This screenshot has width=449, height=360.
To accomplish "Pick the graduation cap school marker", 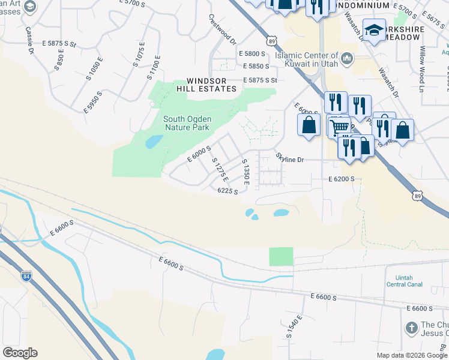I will [x=375, y=31].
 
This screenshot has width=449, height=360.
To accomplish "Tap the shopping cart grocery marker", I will [x=339, y=127].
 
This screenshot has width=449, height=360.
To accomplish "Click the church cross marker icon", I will [x=411, y=328].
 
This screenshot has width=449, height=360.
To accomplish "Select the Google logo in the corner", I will [x=20, y=353].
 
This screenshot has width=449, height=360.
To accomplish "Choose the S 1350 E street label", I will [x=245, y=172].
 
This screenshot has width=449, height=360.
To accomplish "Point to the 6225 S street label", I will [x=228, y=191].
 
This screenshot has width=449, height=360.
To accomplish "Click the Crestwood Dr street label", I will [x=222, y=29].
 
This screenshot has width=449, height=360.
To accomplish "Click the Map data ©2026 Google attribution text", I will [x=412, y=355].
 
